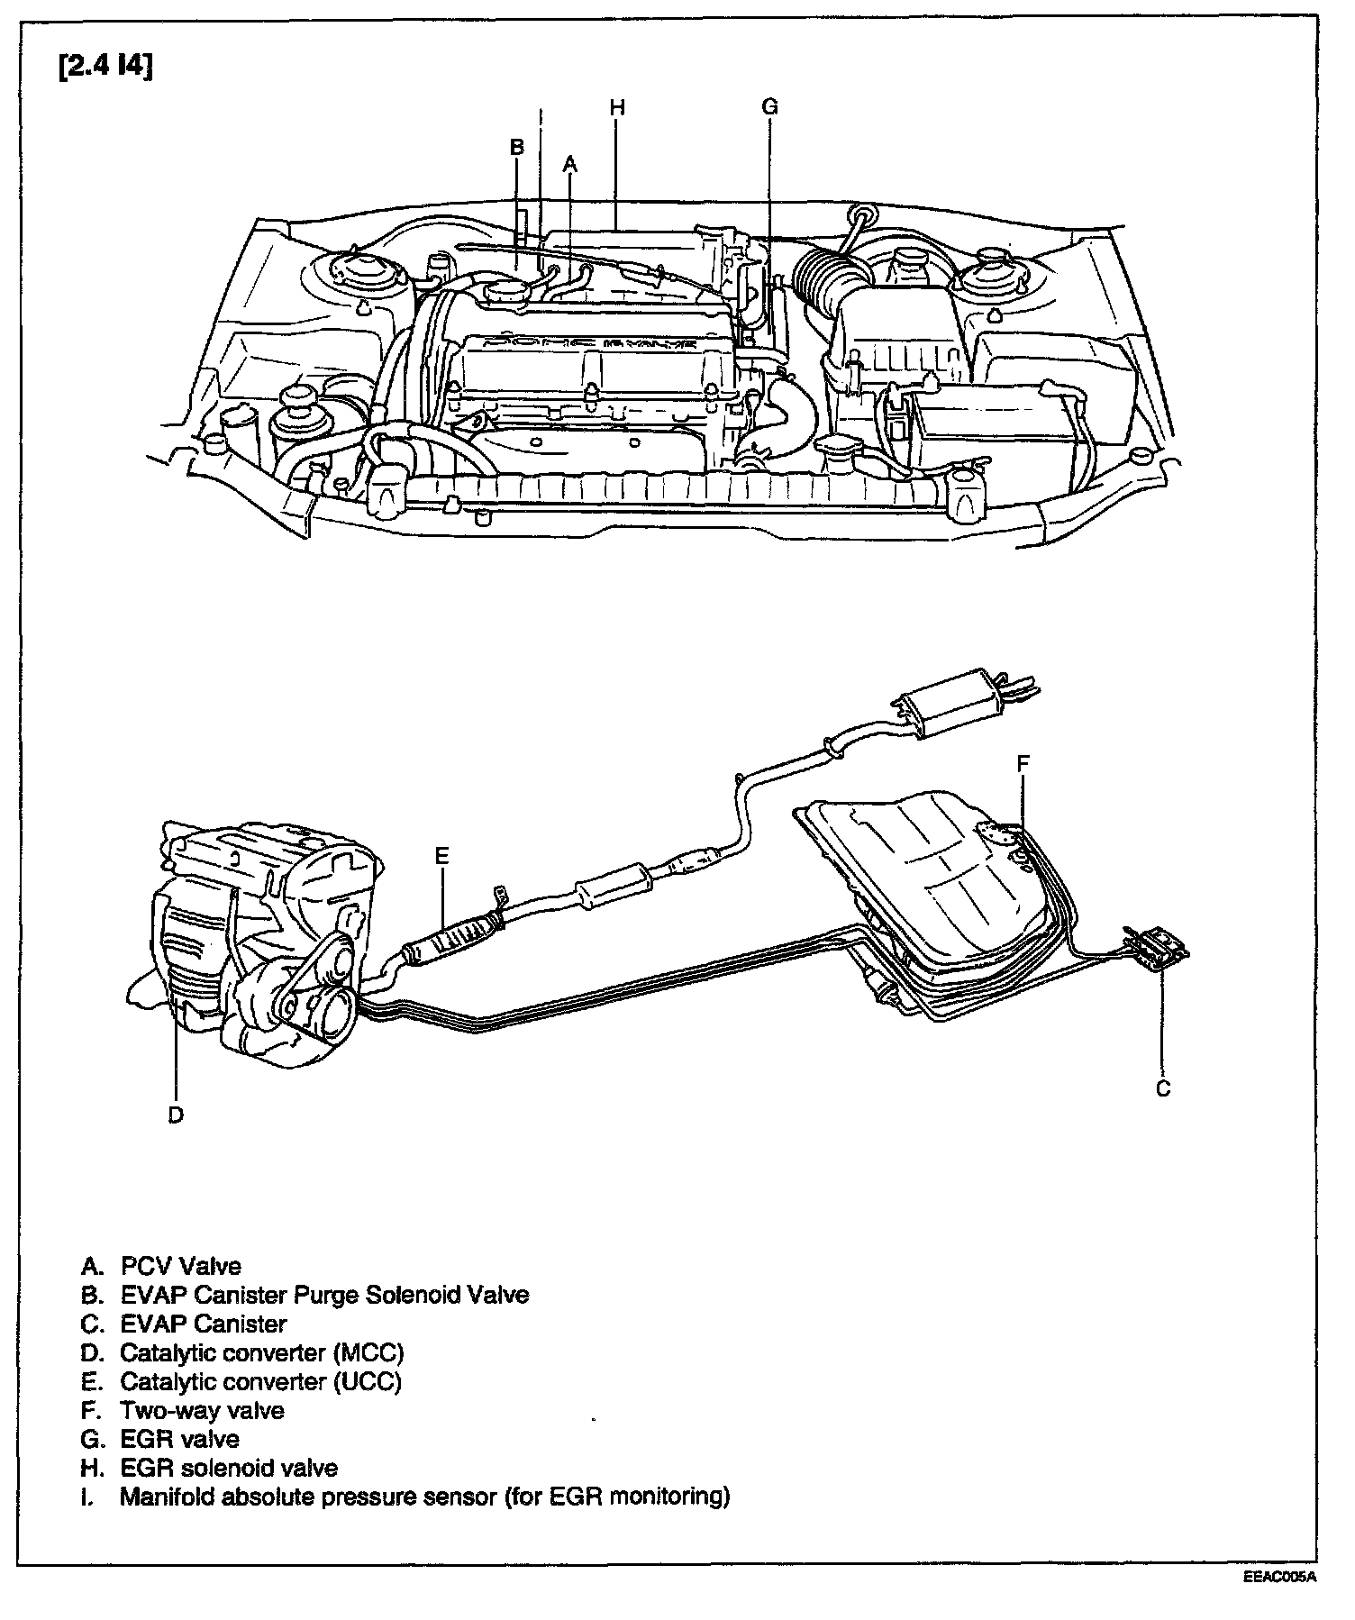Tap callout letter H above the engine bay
click(x=616, y=108)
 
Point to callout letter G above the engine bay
click(x=768, y=107)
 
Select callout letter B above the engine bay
click(x=516, y=147)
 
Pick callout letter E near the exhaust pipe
click(x=441, y=856)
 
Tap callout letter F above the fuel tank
click(x=1023, y=764)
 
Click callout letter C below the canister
click(x=1163, y=1088)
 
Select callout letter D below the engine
click(x=176, y=1115)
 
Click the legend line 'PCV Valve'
click(x=180, y=1266)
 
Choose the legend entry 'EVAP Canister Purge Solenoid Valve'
click(x=324, y=1295)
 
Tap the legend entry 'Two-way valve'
click(x=202, y=1410)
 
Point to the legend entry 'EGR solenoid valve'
click(x=229, y=1468)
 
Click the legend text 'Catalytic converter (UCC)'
click(x=260, y=1381)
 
